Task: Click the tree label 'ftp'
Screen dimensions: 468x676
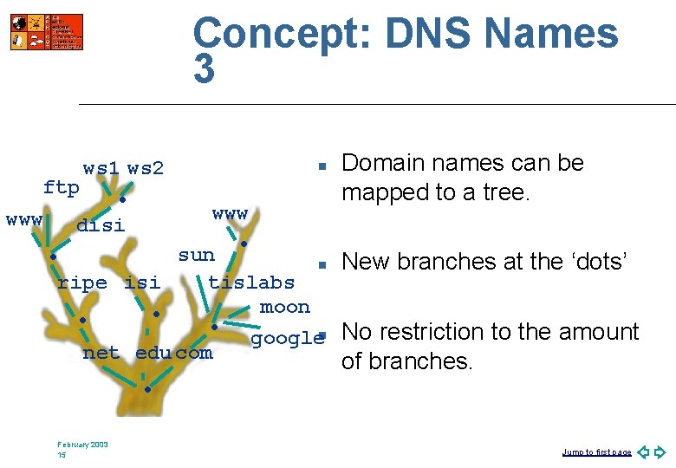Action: pyautogui.click(x=62, y=187)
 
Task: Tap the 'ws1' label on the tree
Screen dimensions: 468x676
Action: pyautogui.click(x=101, y=168)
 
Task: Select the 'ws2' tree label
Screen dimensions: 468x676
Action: pyautogui.click(x=146, y=168)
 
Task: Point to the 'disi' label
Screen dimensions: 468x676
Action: pyautogui.click(x=101, y=226)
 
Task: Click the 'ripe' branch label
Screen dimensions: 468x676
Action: pyautogui.click(x=82, y=283)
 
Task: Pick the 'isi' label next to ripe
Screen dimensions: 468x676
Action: pyautogui.click(x=142, y=283)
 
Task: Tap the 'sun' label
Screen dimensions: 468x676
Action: pyautogui.click(x=196, y=255)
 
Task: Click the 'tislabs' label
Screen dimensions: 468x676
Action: pyautogui.click(x=251, y=282)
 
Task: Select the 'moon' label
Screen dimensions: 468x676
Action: pyautogui.click(x=284, y=307)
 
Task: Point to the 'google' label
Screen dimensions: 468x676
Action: pyautogui.click(x=287, y=338)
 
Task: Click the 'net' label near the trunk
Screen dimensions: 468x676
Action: pyautogui.click(x=101, y=353)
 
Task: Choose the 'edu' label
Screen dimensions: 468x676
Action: pyautogui.click(x=154, y=353)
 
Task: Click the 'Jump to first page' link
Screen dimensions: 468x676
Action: pyautogui.click(x=596, y=452)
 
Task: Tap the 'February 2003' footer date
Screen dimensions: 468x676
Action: pyautogui.click(x=83, y=445)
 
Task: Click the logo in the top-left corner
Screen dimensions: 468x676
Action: pyautogui.click(x=47, y=32)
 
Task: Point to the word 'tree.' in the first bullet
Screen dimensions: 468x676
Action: pyautogui.click(x=503, y=192)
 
